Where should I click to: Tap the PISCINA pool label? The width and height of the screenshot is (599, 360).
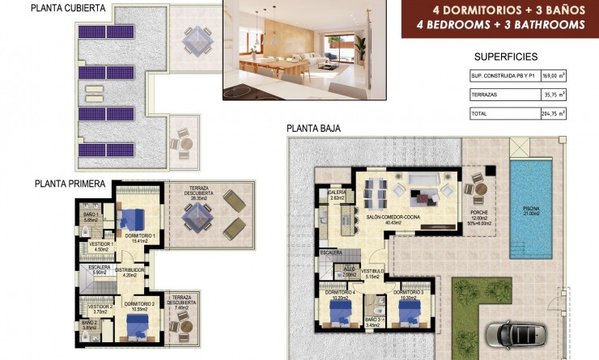tap(532, 211)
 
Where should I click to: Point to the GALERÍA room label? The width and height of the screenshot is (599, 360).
tap(338, 193)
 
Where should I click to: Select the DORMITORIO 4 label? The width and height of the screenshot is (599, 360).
tap(341, 293)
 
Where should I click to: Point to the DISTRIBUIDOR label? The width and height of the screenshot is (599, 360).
tap(129, 271)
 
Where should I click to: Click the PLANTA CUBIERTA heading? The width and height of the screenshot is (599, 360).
tap(68, 9)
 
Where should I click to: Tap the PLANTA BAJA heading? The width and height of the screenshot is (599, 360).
tap(313, 128)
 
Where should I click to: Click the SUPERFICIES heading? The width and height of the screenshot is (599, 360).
tap(506, 57)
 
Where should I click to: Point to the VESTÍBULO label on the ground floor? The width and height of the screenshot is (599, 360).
tap(372, 272)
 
